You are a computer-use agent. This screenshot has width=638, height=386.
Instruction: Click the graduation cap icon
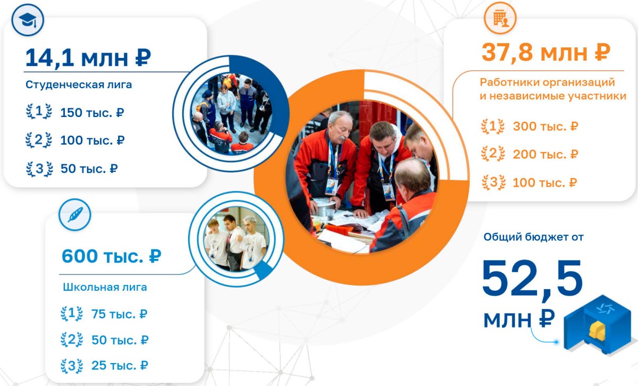tap(28, 20)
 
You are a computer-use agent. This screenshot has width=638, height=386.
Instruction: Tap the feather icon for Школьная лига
tap(74, 214)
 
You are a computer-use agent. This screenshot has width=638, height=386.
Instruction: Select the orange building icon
tap(500, 18)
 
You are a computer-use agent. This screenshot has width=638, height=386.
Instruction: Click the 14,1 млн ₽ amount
tap(88, 58)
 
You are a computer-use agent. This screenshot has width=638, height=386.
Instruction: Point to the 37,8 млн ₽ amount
tap(545, 53)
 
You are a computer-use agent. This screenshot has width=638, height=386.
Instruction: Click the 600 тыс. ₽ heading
tap(111, 256)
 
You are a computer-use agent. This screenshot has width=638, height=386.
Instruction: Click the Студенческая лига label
tap(79, 85)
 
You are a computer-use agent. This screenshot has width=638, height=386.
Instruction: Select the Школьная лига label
tap(105, 287)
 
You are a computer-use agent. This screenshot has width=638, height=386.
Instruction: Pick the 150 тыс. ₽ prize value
tap(92, 113)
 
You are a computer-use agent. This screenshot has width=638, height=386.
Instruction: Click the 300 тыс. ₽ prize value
tap(545, 126)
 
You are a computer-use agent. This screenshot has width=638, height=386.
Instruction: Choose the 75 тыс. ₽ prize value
tap(119, 314)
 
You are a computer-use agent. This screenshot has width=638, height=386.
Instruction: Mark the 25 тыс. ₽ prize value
tap(120, 365)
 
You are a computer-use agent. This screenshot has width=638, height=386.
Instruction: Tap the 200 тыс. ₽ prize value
tap(545, 154)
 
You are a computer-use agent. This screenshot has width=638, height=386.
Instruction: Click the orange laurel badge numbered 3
tap(493, 182)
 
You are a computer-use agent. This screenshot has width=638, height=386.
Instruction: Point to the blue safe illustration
tap(599, 325)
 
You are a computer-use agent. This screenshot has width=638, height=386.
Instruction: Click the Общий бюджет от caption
tap(533, 237)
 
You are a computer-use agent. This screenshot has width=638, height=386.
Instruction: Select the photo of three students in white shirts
tap(237, 239)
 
